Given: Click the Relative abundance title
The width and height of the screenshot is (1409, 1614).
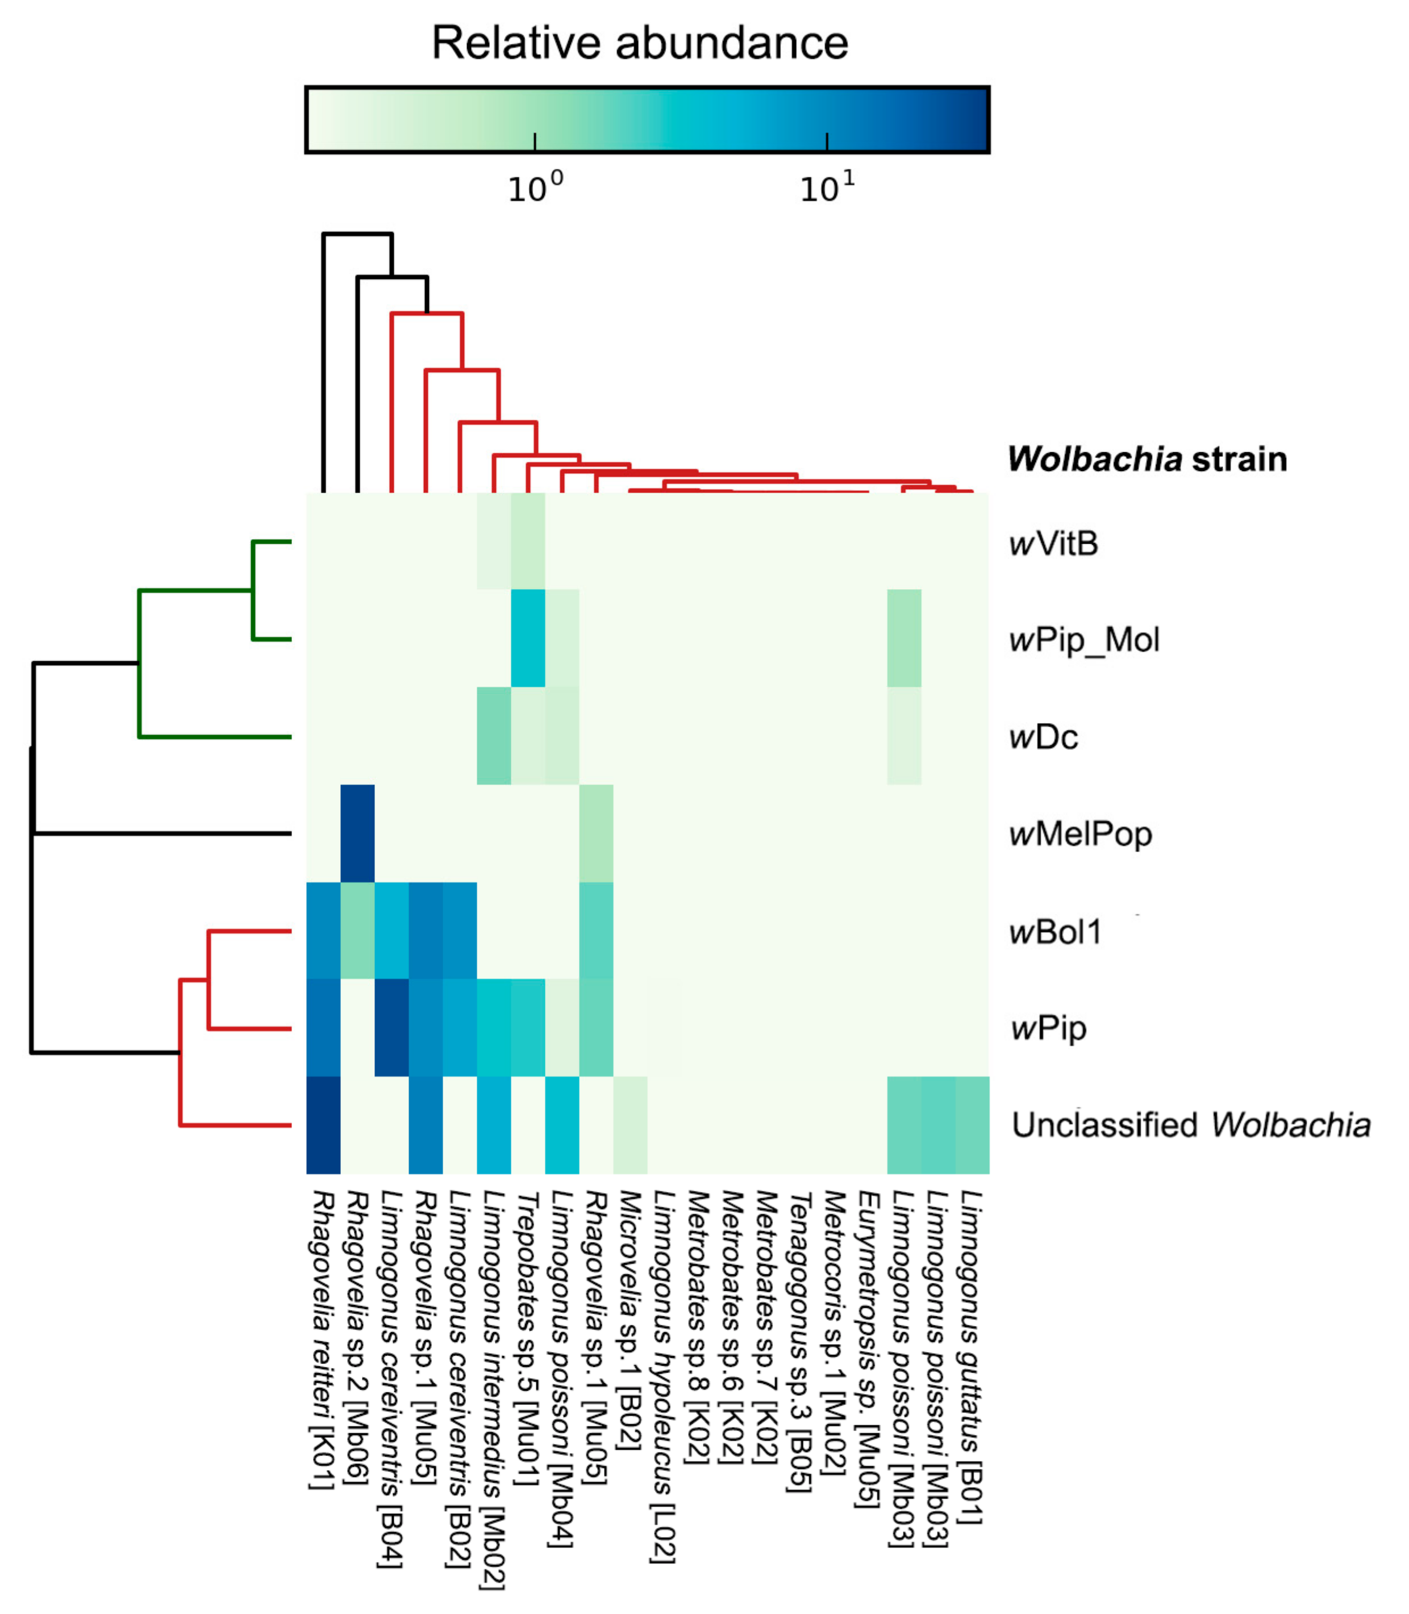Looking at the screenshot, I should [640, 43].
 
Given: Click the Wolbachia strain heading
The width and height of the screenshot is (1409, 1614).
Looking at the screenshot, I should [1147, 459].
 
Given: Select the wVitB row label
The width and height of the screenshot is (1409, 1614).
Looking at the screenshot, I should [1053, 543].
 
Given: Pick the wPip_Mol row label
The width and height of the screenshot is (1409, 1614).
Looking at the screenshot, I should [1084, 640].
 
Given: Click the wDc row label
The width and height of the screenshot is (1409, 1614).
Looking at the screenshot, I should [1043, 737].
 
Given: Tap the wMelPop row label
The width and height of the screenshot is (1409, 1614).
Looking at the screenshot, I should [1081, 834].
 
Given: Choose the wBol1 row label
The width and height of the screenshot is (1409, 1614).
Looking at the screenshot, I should [1055, 932].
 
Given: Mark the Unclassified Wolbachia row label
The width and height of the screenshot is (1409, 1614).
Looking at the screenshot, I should [1190, 1125].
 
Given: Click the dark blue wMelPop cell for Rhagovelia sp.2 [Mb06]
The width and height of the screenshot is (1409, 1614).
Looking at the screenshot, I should [357, 833].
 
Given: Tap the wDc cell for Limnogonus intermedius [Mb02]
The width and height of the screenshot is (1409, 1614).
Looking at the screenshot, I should [494, 736].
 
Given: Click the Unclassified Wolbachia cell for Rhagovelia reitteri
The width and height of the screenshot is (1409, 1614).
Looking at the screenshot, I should [323, 1125].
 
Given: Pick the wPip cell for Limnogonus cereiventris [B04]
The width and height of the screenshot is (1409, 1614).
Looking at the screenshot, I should [391, 1028].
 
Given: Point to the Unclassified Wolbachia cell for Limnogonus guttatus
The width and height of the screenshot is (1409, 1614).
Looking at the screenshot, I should [972, 1125].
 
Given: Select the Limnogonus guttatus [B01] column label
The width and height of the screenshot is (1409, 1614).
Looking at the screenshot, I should [972, 1356].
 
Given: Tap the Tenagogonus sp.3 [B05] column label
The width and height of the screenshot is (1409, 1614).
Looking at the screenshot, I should [801, 1340].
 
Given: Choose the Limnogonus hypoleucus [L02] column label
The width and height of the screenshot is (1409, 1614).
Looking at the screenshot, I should [664, 1376].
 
